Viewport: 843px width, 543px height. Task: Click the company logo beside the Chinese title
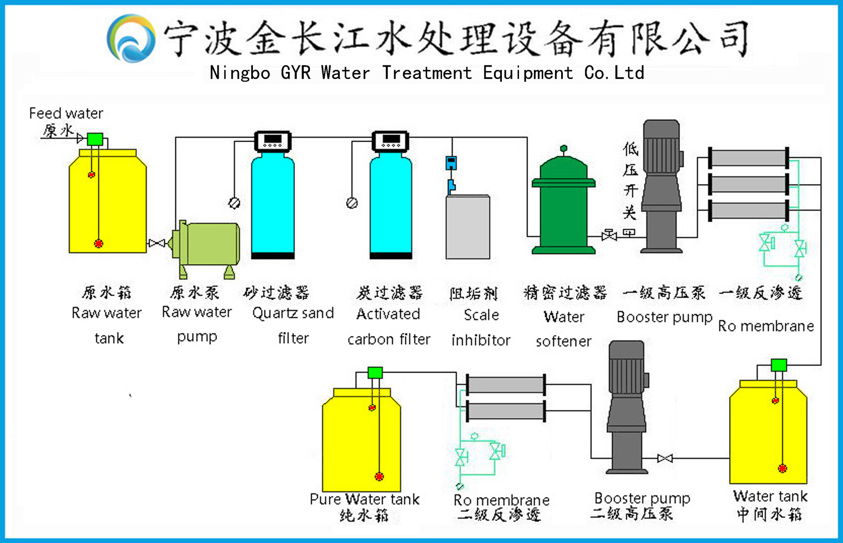[131, 38]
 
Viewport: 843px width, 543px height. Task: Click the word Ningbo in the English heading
[240, 73]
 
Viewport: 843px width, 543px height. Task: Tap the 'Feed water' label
[66, 113]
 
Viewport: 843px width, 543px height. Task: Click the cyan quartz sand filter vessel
[273, 206]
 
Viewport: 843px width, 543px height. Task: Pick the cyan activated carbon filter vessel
[391, 206]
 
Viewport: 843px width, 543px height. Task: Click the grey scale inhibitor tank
[468, 227]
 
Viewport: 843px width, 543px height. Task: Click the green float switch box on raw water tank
[95, 140]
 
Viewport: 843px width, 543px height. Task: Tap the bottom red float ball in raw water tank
[98, 243]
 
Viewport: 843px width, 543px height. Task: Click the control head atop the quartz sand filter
[273, 141]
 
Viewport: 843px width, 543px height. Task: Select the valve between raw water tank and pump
[157, 243]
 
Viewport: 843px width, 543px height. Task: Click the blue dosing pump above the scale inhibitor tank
[451, 163]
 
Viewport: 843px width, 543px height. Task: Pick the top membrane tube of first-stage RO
[748, 158]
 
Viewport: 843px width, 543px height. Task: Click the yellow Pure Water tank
[361, 443]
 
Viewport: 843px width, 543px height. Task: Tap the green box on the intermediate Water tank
[778, 365]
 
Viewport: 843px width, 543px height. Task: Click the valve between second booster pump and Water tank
[665, 458]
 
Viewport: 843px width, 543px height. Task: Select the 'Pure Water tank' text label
[364, 499]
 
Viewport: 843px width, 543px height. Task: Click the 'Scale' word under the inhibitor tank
[481, 315]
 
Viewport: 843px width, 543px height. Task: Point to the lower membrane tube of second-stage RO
[505, 411]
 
